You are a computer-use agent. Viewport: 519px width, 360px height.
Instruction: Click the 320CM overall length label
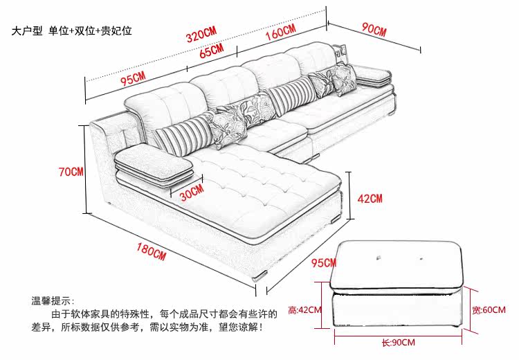pyautogui.click(x=201, y=35)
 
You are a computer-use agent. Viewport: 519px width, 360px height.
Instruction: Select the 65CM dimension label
pyautogui.click(x=212, y=51)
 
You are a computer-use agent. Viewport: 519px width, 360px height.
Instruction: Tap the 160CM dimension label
pyautogui.click(x=281, y=32)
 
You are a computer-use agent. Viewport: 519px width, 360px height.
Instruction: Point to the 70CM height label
pyautogui.click(x=71, y=172)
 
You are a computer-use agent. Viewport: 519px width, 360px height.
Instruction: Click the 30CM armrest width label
pyautogui.click(x=192, y=192)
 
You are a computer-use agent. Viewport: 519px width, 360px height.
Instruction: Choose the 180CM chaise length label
pyautogui.click(x=152, y=252)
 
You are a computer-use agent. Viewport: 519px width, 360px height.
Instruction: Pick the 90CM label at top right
pyautogui.click(x=374, y=29)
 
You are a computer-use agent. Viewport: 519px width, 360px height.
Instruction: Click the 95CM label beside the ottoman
pyautogui.click(x=324, y=262)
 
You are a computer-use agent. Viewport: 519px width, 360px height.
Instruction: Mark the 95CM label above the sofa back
pyautogui.click(x=133, y=78)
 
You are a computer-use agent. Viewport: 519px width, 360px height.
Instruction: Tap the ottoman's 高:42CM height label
pyautogui.click(x=304, y=310)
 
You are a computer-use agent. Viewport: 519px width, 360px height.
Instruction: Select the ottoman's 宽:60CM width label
pyautogui.click(x=489, y=310)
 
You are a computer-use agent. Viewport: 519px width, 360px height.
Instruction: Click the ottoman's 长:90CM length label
pyautogui.click(x=398, y=342)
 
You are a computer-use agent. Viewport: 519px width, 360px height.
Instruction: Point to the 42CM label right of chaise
pyautogui.click(x=370, y=199)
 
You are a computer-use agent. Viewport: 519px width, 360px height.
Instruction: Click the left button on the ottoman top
pyautogui.click(x=377, y=257)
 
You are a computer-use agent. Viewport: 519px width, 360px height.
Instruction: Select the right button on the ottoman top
pyautogui.click(x=421, y=258)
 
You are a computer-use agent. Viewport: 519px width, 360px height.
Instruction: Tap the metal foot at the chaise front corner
pyautogui.click(x=259, y=276)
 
